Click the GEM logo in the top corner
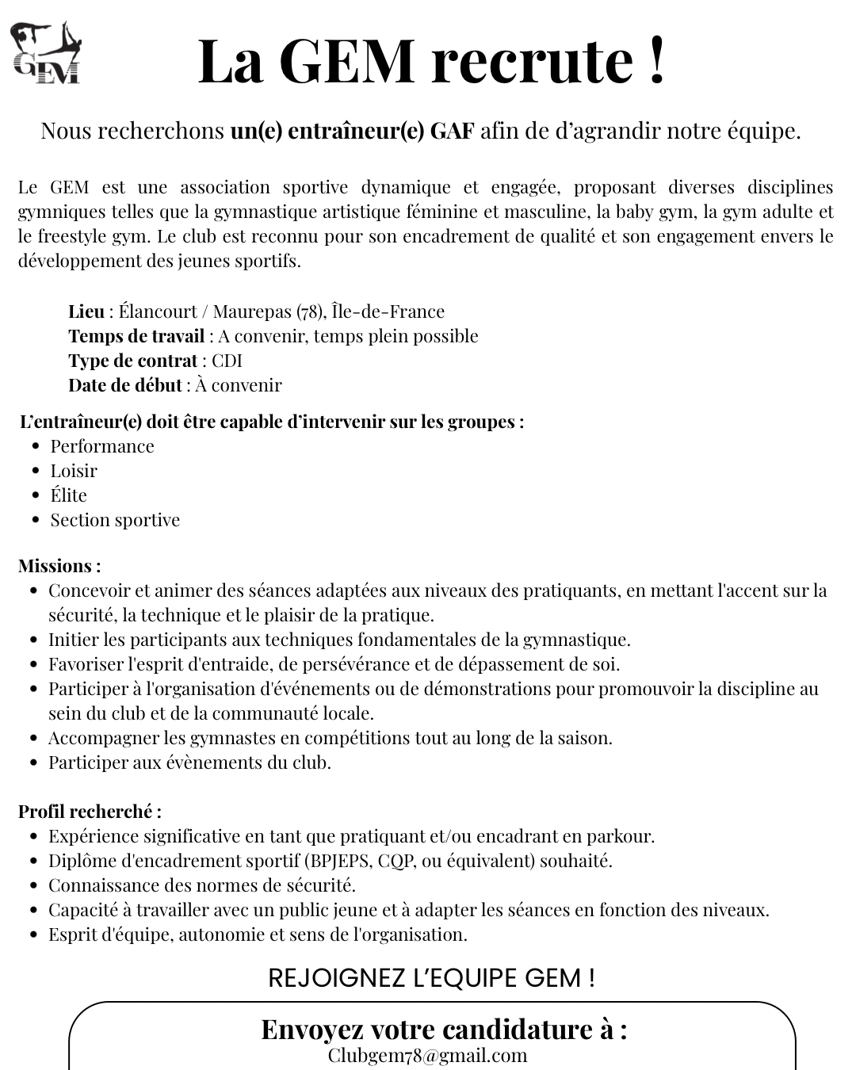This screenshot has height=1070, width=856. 47,53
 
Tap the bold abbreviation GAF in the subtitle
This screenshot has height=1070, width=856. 452,131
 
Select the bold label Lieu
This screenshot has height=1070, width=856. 86,311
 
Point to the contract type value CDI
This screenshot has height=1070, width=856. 227,361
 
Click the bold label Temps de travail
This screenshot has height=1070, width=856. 136,336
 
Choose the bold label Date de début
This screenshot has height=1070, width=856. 125,385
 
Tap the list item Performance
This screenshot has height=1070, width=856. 102,446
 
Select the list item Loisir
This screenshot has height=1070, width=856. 74,471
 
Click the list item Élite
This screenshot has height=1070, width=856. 69,495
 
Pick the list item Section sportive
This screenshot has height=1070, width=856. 115,520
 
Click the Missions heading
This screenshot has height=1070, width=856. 59,566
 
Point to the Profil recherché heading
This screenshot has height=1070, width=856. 90,812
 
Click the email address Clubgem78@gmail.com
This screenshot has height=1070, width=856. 427,1056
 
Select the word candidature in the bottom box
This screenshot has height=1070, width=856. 516,1030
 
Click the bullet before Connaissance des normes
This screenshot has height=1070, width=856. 34,885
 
